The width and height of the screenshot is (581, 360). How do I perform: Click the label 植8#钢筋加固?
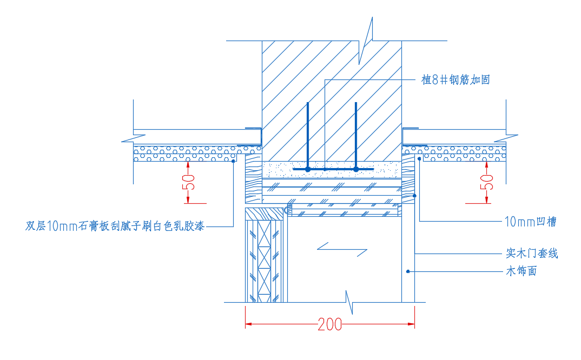coord(455,80)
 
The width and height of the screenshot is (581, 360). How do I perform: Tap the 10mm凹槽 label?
coord(530,221)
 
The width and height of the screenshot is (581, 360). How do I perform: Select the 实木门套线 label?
coord(532,253)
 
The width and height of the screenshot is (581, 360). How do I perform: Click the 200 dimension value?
coord(330,324)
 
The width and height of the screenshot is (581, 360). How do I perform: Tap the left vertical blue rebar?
coord(307,135)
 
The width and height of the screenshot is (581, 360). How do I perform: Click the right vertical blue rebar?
coord(356,135)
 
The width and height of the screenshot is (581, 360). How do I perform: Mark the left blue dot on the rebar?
coord(307,169)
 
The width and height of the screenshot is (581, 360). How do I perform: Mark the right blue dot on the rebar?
coord(356,169)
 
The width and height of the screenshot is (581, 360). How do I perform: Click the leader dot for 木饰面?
coord(408,271)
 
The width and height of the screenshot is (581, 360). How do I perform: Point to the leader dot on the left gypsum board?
coord(233,161)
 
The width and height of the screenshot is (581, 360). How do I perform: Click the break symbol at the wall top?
coord(368,40)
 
